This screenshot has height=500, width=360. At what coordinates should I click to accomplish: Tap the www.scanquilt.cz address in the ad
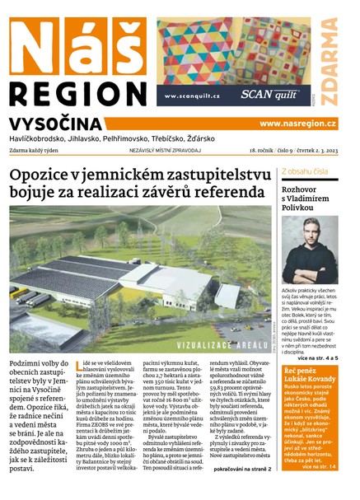[192, 96]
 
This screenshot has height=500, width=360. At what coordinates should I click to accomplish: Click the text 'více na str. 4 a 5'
[325, 359]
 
